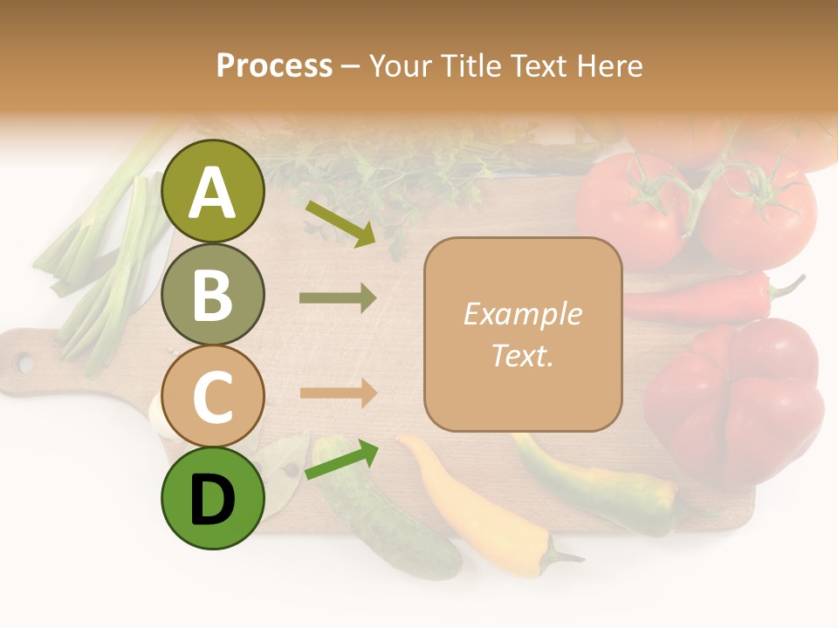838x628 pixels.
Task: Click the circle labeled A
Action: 213,192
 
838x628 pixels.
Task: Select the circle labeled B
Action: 213,295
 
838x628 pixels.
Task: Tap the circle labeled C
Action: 213,397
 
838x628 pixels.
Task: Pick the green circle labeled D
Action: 213,499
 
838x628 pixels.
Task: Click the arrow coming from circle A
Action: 341,224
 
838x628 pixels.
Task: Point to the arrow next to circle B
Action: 338,298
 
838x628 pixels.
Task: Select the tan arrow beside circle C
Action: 338,393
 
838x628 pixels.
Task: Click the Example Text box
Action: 523,334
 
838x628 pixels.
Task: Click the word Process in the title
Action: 274,65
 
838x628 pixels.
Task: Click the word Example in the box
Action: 523,314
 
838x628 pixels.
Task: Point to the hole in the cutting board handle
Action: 24,361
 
